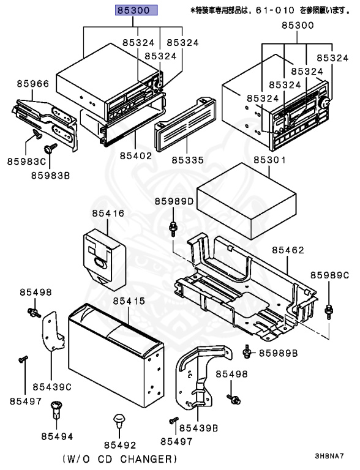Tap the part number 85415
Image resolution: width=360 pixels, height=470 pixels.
(x=127, y=301)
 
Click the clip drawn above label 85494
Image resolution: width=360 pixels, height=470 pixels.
(x=57, y=407)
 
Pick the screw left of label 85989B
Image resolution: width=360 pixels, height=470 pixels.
(x=247, y=351)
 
